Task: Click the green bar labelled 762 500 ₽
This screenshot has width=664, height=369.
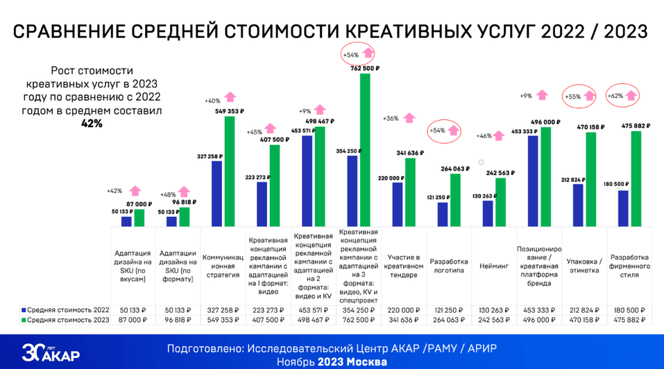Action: coord(365,149)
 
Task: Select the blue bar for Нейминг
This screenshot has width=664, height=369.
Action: coord(488,213)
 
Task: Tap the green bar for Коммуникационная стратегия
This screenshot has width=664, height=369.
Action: coord(230,171)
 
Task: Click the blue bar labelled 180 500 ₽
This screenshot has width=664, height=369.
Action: coord(623,208)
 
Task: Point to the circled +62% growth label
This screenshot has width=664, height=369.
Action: coord(615,96)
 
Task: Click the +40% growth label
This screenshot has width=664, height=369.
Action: coord(212,101)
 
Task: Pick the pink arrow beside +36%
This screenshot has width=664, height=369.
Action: coord(409,119)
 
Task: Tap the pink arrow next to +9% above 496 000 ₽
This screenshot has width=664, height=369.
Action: coord(542,95)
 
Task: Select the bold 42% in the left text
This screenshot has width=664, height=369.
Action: coord(92,123)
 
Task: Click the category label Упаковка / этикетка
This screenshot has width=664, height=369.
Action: coord(584,266)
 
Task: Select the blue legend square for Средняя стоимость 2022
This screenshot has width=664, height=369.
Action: coord(24,309)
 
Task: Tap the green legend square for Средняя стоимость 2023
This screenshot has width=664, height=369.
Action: coord(24,319)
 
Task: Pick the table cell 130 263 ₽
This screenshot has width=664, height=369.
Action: coord(495,309)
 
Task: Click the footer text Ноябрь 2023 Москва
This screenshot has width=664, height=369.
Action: coord(332,362)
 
